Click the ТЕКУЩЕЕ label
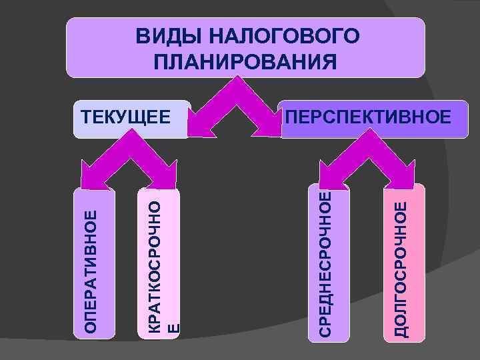(125, 117)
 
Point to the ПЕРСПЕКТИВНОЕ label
(367, 117)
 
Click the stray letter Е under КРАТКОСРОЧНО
(173, 327)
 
